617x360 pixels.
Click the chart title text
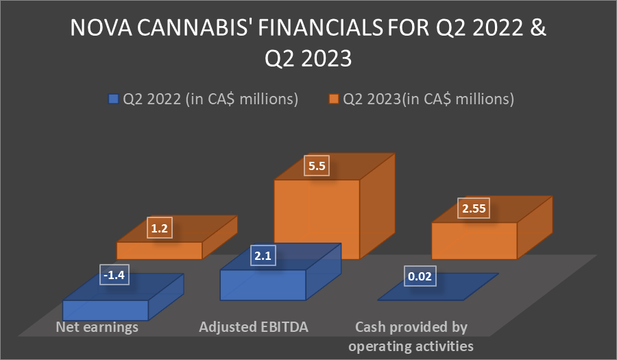pos(308,43)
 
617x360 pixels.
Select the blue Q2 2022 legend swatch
pos(113,99)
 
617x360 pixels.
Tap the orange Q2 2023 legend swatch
pos(334,99)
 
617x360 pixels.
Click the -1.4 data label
pos(114,274)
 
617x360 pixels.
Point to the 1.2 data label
pos(159,228)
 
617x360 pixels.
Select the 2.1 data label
pos(263,256)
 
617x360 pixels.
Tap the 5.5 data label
pos(317,166)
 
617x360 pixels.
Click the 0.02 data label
pos(420,276)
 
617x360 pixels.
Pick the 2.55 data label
pos(474,208)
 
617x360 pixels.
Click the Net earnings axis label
pos(97,327)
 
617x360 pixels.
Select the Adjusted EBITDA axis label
pos(254,327)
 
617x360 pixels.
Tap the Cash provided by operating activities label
pos(411,337)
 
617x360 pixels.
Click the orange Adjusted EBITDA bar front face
pos(317,219)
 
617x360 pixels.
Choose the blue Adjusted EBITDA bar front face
pos(263,285)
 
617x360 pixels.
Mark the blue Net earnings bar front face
pos(106,310)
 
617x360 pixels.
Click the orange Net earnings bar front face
pos(159,250)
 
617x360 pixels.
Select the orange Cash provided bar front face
pos(474,241)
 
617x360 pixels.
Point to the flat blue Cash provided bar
pos(438,287)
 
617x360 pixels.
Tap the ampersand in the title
pos(538,27)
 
